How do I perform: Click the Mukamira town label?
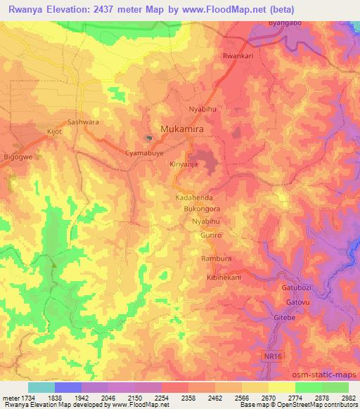tap(186, 129)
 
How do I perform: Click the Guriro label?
tap(212, 236)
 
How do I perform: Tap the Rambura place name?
tap(217, 259)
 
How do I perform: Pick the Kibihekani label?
tap(224, 278)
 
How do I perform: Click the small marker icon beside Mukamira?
tap(149, 137)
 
